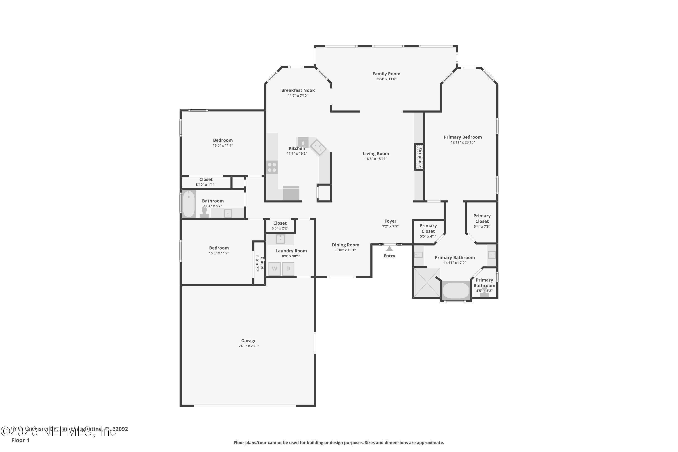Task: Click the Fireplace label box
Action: point(419,157)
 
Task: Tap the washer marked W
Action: point(274,269)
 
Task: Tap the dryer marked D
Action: point(288,269)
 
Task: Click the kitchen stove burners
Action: point(272,167)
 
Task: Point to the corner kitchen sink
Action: point(318,147)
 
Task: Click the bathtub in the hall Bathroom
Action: point(189,204)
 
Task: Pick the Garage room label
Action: point(249,341)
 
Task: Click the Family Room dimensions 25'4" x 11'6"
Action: point(386,79)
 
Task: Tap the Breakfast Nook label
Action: point(298,90)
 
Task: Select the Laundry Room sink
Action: point(280,239)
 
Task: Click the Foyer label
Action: point(390,221)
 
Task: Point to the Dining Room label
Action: point(345,245)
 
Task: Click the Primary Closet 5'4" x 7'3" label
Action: point(482,221)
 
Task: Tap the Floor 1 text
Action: point(20,440)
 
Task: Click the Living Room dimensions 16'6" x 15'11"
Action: point(376,159)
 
